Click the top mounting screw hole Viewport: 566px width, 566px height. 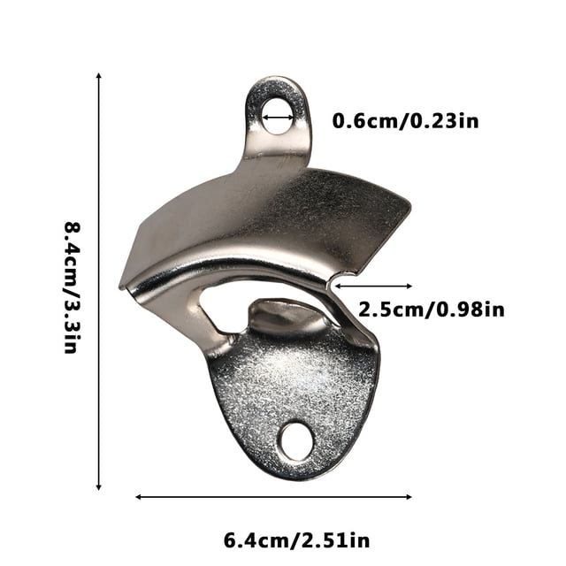[x=277, y=116]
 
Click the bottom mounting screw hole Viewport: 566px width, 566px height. [x=296, y=441]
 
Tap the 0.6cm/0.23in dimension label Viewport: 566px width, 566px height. [x=405, y=121]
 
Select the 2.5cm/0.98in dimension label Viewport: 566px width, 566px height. [x=431, y=310]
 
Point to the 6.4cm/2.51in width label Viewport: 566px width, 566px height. [x=297, y=540]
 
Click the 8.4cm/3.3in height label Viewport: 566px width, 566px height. [x=72, y=287]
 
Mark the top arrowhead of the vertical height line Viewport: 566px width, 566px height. [x=98, y=75]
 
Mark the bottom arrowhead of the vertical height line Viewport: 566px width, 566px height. [x=98, y=487]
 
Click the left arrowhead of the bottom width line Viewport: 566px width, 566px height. [x=138, y=497]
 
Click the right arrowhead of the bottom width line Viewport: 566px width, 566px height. [x=409, y=497]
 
